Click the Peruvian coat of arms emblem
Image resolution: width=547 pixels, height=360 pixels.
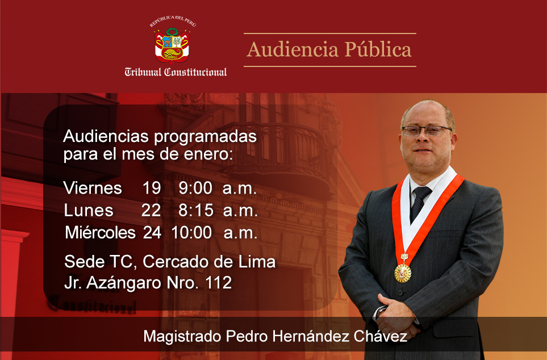(172, 45)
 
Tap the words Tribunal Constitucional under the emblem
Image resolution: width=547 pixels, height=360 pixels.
(176, 72)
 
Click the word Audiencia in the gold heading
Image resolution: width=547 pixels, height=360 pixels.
(293, 49)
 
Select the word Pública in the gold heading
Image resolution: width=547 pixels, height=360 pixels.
(378, 49)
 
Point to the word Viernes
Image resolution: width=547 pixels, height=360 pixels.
(93, 188)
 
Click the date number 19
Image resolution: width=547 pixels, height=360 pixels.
(152, 188)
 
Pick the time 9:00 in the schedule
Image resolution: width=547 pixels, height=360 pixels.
(195, 188)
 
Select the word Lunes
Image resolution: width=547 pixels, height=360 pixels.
(89, 210)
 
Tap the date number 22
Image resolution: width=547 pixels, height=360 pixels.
(151, 210)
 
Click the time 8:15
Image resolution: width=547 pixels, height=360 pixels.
(196, 210)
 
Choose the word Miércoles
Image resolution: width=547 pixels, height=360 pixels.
(100, 232)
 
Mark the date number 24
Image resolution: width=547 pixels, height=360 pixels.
(152, 233)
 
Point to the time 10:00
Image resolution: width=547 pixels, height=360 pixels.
(191, 233)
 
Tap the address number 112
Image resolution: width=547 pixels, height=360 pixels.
(218, 283)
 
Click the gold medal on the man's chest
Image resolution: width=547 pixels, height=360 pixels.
(403, 273)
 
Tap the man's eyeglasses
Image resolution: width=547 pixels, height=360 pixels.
(427, 131)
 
